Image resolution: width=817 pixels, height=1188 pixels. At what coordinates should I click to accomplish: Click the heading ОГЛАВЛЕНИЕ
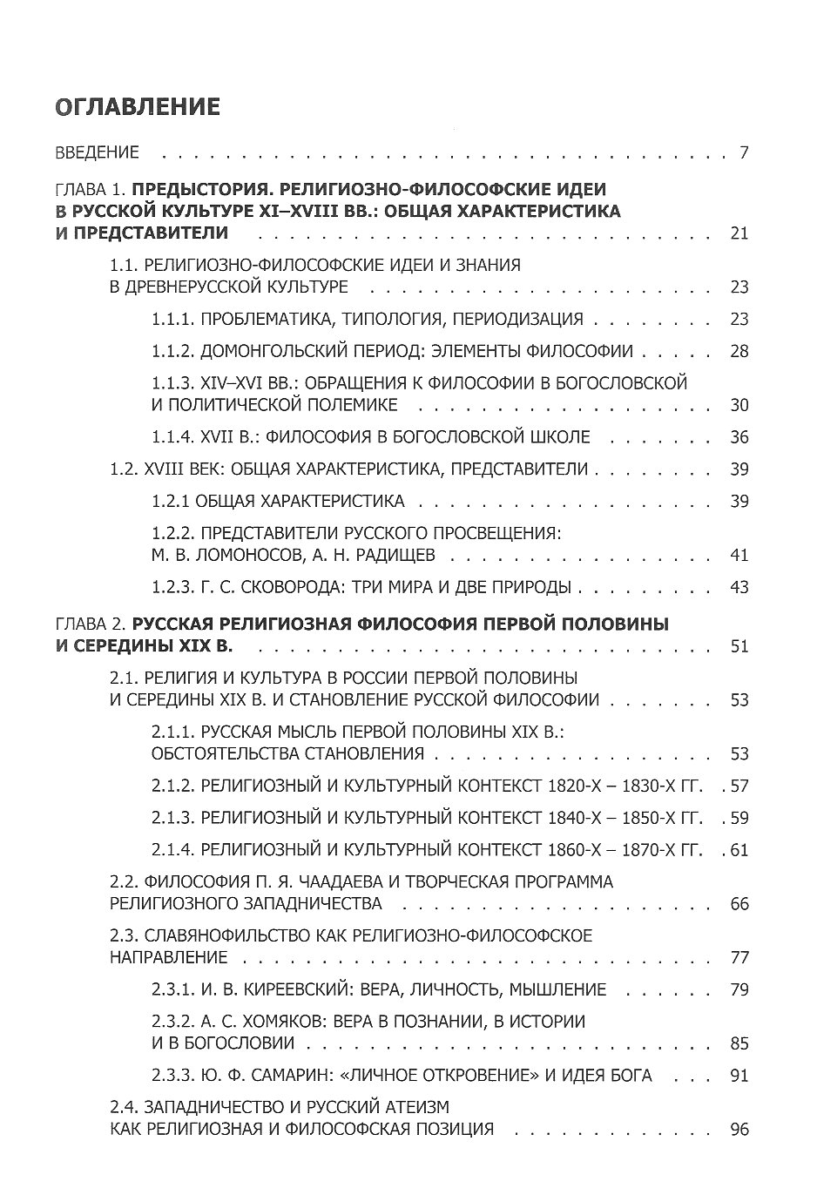(138, 107)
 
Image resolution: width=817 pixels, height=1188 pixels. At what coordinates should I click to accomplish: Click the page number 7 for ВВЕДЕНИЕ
(743, 153)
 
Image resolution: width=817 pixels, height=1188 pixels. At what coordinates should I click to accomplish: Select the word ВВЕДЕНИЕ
(97, 153)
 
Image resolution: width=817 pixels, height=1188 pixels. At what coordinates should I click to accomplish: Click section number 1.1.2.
(172, 351)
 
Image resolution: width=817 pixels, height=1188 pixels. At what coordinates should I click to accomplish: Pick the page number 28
(739, 351)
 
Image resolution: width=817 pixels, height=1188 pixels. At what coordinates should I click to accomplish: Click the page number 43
(739, 587)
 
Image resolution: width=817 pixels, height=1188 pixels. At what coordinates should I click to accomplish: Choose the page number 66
(739, 904)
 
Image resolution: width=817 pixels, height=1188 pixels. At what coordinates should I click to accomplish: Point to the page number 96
(739, 1129)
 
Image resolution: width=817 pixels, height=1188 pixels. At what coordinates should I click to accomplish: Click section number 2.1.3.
(172, 818)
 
